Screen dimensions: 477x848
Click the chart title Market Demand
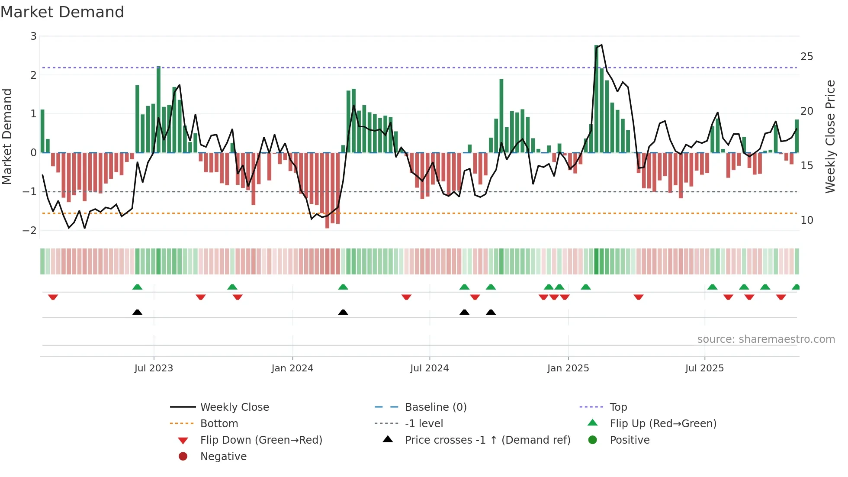click(62, 12)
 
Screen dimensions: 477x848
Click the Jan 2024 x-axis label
click(292, 368)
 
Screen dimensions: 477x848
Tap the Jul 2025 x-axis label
click(704, 368)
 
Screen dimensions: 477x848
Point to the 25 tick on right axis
click(806, 57)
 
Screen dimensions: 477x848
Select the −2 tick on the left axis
click(30, 230)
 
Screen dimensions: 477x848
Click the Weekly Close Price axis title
click(830, 136)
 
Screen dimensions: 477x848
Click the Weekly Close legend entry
click(234, 407)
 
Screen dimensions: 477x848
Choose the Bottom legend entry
click(219, 424)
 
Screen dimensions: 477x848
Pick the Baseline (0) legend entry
click(435, 407)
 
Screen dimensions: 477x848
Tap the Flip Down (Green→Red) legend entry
click(261, 440)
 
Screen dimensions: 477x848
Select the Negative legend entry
click(223, 457)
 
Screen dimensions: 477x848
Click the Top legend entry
click(618, 407)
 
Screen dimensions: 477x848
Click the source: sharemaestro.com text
click(766, 339)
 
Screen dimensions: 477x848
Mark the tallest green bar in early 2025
click(597, 100)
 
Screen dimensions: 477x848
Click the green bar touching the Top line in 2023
click(158, 110)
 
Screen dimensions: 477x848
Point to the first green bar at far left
click(42, 131)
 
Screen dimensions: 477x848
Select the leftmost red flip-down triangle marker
click(53, 297)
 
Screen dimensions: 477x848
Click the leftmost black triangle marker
click(137, 312)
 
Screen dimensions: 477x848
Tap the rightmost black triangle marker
click(491, 312)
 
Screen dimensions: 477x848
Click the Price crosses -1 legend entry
click(487, 440)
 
